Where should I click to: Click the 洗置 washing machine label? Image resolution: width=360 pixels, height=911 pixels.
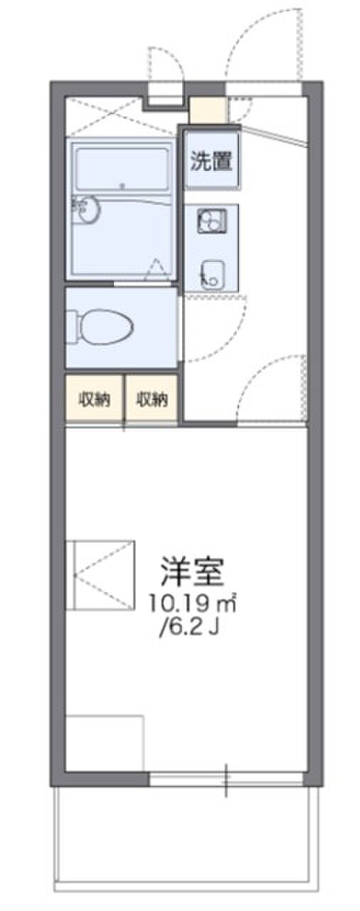click(211, 161)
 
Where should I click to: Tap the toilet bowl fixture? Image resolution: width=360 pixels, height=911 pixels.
click(107, 326)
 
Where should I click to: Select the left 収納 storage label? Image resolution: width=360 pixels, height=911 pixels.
click(95, 399)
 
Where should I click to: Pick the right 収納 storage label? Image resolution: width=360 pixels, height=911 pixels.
click(152, 399)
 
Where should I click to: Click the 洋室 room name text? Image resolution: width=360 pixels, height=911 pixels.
click(192, 571)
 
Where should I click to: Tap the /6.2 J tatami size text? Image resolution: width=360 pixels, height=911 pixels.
click(191, 628)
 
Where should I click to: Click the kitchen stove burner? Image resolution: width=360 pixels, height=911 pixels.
click(212, 221)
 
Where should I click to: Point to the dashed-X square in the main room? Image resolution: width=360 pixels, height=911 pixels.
click(100, 575)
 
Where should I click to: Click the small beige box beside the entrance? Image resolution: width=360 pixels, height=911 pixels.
click(208, 110)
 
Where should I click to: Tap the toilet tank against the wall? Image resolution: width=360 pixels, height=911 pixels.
click(73, 327)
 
